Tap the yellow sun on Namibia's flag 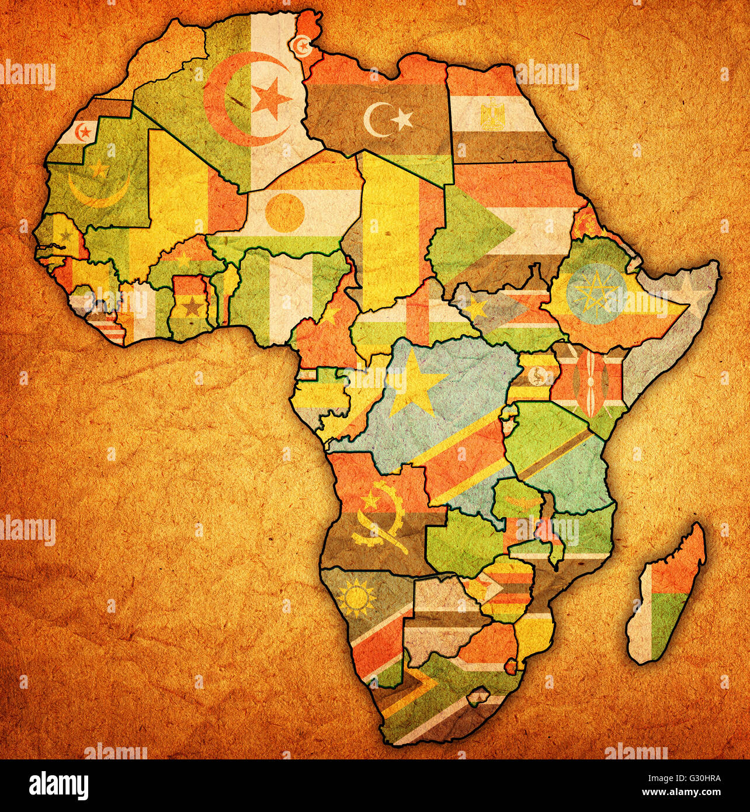click(356, 598)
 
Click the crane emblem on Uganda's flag click(534, 377)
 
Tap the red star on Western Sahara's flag click(85, 130)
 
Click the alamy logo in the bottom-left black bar click(59, 783)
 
